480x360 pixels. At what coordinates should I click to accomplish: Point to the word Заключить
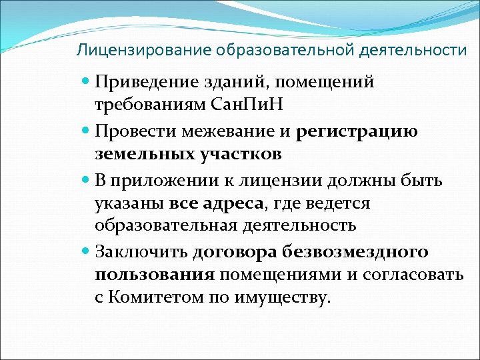coord(141,251)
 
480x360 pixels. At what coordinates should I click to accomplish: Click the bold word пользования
coord(155,275)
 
